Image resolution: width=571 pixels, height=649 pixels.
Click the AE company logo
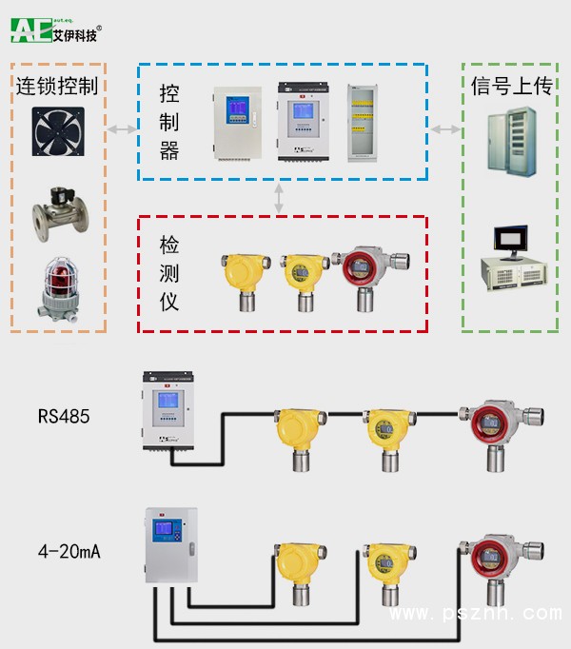point(55,29)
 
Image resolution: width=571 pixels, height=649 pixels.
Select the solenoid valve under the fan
point(56,210)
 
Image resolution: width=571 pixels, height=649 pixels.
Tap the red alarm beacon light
point(56,285)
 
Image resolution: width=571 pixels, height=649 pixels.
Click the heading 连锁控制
point(57,86)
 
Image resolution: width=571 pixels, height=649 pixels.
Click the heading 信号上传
point(511,86)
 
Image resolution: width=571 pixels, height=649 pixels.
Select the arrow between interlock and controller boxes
point(121,128)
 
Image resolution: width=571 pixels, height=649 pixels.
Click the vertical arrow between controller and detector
point(279,198)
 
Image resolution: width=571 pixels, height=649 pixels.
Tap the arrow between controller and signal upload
point(444,128)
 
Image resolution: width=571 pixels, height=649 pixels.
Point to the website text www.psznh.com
point(476,614)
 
